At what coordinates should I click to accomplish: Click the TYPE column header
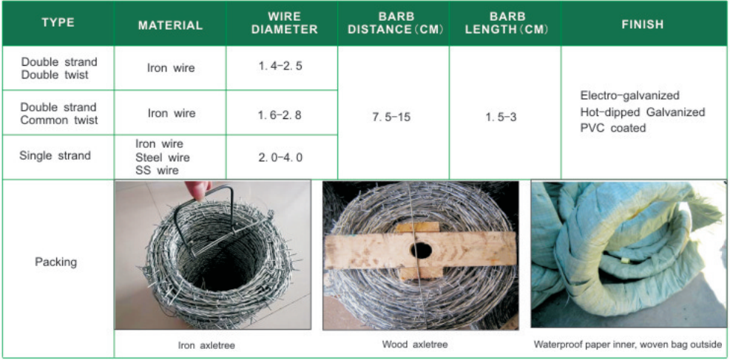[58, 23]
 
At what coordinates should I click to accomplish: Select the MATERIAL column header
[170, 25]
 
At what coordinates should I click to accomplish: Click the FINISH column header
[643, 24]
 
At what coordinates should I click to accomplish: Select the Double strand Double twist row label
[59, 68]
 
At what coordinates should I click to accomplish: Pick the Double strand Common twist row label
[59, 114]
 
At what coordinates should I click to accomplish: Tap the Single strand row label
[55, 155]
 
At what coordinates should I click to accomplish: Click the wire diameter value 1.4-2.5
[281, 66]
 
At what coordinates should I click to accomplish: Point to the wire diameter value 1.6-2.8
[281, 115]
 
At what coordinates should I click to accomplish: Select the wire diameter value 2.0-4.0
[281, 157]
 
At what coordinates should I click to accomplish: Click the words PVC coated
[613, 127]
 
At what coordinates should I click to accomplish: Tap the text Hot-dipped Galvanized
[643, 112]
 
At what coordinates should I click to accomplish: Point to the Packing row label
[55, 262]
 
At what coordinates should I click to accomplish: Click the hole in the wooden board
[421, 251]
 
